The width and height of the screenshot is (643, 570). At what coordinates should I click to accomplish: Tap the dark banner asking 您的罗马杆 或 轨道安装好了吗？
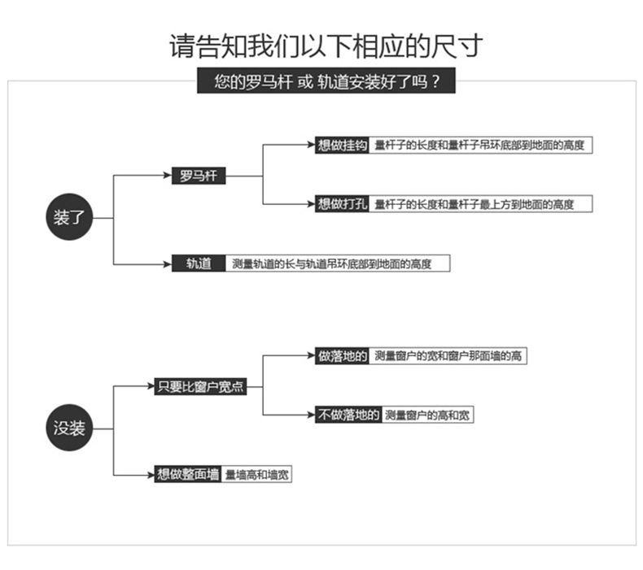coord(322,83)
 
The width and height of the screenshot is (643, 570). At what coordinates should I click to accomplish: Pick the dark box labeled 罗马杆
coord(198,176)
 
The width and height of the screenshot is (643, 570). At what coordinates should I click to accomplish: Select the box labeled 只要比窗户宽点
coord(199,387)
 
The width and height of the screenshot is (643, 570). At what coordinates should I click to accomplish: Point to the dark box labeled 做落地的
coord(342,356)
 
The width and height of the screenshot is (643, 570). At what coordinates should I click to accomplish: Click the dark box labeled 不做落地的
coord(348,415)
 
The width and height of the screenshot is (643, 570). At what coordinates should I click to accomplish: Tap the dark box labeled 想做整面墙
coord(188,474)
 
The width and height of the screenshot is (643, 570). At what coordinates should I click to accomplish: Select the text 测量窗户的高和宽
coord(427,415)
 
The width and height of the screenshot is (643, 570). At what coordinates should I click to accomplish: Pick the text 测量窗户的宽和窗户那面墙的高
coord(447,356)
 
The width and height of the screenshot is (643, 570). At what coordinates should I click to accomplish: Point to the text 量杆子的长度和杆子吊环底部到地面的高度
coord(479,146)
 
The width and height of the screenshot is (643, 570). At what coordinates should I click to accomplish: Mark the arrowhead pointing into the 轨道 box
coord(167,263)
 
